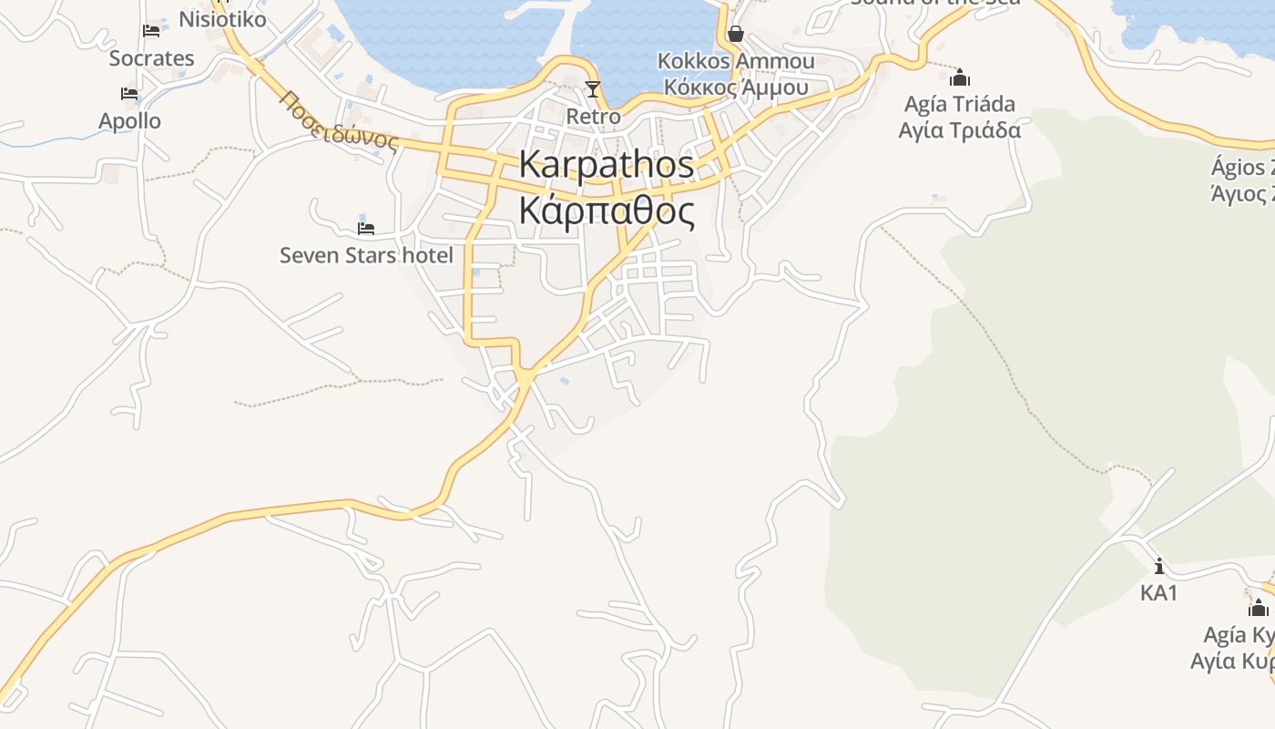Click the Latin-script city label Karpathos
(607, 165)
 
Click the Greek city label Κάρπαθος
(607, 210)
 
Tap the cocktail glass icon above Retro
(593, 88)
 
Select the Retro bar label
(593, 117)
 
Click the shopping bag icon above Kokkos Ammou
(736, 35)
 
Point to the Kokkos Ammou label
(736, 61)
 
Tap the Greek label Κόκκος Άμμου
(736, 87)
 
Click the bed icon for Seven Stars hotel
(366, 228)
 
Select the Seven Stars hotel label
(366, 255)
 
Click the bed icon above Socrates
(151, 31)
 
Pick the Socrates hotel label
(151, 58)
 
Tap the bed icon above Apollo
(129, 94)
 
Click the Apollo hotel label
(129, 121)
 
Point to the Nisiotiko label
(222, 19)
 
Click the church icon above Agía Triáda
(960, 77)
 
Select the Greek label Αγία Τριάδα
(960, 130)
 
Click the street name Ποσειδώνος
(340, 120)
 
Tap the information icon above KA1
(1158, 566)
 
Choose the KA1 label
(1158, 593)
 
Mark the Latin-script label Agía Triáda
(960, 104)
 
